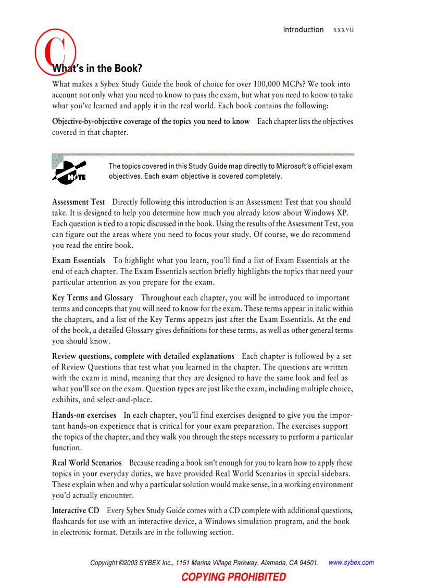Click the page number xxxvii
point(343,30)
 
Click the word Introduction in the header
point(303,30)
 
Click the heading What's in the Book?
point(97,69)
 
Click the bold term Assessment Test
point(78,202)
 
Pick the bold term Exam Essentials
point(79,260)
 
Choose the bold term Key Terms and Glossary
point(93,297)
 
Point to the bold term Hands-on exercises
point(84,415)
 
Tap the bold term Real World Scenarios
point(87,463)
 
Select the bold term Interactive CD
point(76,510)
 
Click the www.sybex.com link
point(352,562)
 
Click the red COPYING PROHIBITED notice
point(233,577)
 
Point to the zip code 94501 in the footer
point(307,563)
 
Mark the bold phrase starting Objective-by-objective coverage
point(151,121)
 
